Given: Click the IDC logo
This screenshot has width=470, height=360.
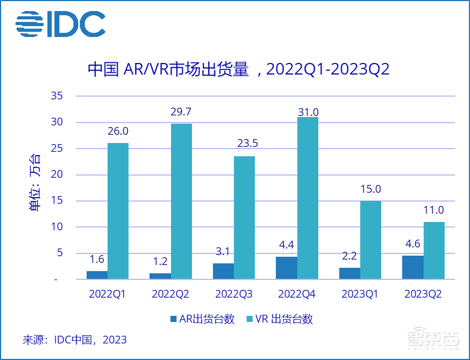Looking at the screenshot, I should point(60,24).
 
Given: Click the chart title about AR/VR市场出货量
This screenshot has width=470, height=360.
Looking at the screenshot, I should point(239,70).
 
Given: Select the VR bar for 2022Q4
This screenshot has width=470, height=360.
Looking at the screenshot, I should point(308,198).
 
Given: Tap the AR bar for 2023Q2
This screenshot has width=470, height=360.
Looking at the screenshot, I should point(413,267).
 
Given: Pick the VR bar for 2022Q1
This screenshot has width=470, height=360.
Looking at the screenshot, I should point(118,211).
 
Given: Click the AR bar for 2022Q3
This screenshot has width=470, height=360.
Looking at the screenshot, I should point(223,271).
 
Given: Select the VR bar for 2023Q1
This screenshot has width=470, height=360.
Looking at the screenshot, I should point(371,240).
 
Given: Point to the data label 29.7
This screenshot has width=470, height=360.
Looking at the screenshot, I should point(181,112).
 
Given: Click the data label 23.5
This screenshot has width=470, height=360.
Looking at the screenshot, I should point(244,144).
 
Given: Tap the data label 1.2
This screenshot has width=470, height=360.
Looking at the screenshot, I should point(160,261).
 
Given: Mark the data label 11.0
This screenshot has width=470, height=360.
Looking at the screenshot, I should point(434,210).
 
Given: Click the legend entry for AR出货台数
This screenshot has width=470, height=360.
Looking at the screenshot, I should point(202,319).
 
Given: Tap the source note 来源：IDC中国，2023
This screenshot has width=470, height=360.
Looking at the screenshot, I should point(74,340).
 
